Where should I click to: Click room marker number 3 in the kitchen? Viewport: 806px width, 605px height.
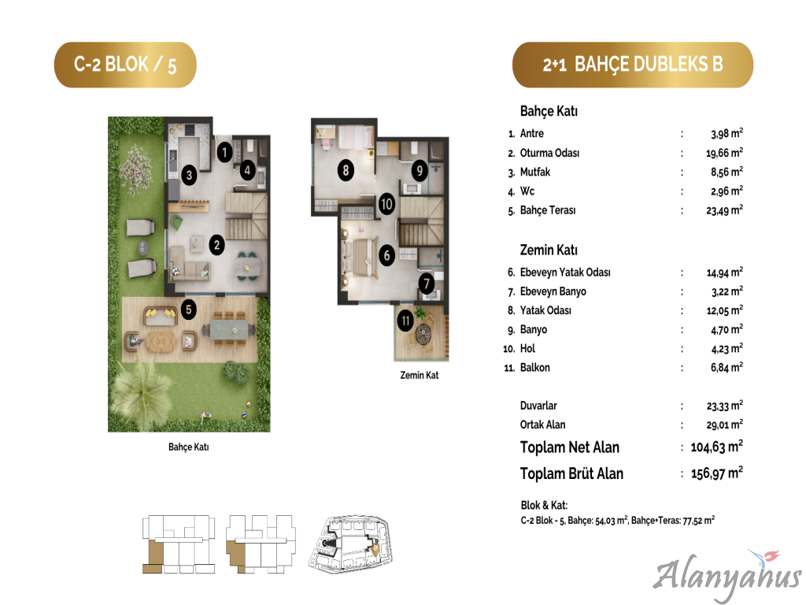point(189,175)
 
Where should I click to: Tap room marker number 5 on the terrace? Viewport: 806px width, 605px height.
point(189,309)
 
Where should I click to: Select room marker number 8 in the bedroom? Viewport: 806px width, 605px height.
point(346,170)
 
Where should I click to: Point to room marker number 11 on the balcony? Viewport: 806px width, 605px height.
point(405,321)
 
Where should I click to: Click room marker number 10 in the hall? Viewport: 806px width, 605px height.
point(386,204)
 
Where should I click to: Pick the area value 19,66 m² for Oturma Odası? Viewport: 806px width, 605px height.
point(724,153)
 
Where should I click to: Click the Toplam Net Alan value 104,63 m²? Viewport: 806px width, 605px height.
point(716,447)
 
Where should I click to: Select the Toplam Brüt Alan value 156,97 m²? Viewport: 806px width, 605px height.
point(716,473)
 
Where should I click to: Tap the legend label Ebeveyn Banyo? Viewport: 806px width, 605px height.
point(553,291)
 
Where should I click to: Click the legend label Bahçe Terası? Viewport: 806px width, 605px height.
point(548,210)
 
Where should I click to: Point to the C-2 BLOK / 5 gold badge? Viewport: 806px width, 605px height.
point(125,65)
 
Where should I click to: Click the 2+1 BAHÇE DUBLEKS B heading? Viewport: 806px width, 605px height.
point(633,65)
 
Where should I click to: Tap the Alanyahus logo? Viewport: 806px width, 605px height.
point(727,574)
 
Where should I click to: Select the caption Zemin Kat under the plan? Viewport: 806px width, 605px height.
point(420,375)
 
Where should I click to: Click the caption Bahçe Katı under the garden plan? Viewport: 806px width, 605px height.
point(189,447)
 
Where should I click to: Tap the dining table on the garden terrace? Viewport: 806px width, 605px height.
point(232,329)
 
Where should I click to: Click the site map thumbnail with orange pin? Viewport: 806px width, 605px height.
point(352,544)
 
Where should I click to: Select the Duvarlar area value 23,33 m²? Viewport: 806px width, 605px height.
point(725,406)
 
